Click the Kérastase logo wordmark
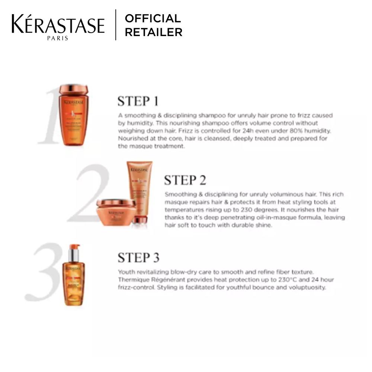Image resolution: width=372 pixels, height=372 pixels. pyautogui.click(x=58, y=25)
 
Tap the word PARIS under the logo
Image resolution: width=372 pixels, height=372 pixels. pyautogui.click(x=58, y=38)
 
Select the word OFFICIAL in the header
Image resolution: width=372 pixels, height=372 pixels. pyautogui.click(x=153, y=18)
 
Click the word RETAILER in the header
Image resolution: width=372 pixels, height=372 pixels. pyautogui.click(x=153, y=32)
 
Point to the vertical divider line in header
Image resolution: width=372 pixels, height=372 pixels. pyautogui.click(x=116, y=25)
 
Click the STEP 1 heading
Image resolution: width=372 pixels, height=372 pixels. pyautogui.click(x=138, y=101)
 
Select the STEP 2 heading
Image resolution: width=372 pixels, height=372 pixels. pyautogui.click(x=185, y=180)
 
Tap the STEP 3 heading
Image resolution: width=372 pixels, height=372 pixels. pyautogui.click(x=138, y=257)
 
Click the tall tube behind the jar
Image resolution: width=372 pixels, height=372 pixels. pyautogui.click(x=139, y=186)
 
